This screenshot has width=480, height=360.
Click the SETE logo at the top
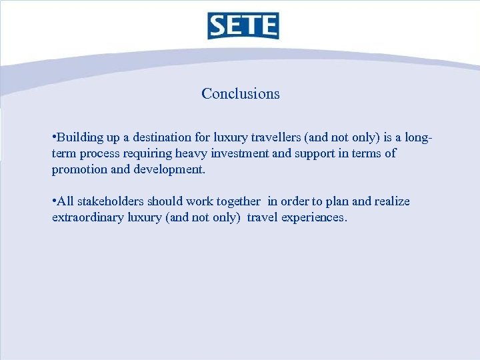[242, 25]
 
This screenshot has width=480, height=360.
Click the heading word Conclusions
[241, 94]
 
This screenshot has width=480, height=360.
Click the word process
[101, 154]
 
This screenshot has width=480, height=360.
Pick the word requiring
[153, 154]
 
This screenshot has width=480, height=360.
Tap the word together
[238, 201]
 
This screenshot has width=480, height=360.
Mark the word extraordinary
[87, 217]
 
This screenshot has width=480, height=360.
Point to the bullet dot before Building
[53, 137]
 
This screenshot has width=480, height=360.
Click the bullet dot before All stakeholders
[53, 201]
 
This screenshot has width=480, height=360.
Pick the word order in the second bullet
[295, 201]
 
